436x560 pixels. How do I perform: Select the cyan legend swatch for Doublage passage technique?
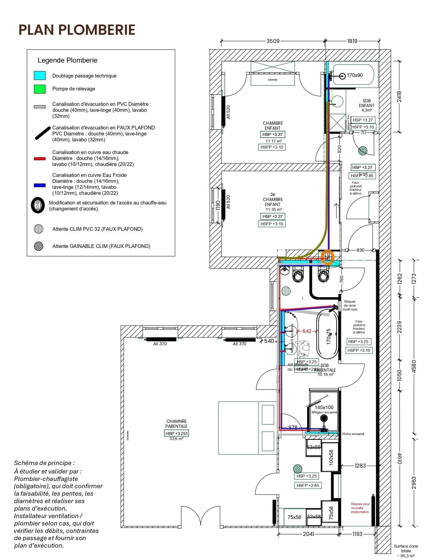pos(40,76)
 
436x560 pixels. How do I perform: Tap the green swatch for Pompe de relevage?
pos(40,89)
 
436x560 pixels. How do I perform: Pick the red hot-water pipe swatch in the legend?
pos(40,159)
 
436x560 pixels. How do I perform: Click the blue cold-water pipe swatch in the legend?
pos(40,185)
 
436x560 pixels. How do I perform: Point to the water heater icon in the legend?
pos(38,205)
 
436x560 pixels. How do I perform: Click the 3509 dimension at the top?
pos(273,41)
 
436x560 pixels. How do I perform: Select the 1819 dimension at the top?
pos(352,41)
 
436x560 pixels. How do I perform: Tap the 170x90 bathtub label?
pos(354,75)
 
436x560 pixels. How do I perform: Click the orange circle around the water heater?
pos(328,257)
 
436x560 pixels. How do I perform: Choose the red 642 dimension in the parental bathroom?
pos(307,331)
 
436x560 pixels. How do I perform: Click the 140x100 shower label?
pos(324,407)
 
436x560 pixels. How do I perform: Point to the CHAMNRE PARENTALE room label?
pos(176,424)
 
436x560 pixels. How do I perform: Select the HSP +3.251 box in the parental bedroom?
pos(176,433)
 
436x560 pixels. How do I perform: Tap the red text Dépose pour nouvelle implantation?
pos(360,508)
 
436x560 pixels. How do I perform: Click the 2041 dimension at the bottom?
pos(308,534)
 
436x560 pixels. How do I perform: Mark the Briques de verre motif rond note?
pos(349,305)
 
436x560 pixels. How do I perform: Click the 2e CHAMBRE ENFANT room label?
pos(273,199)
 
